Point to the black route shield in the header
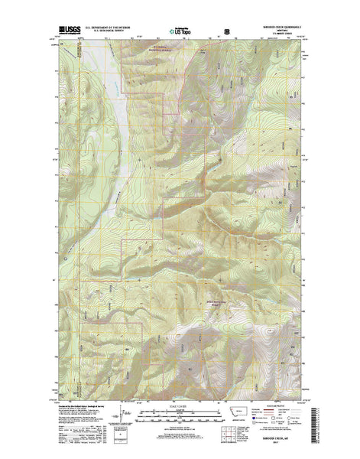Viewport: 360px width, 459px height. (x=225, y=33)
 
